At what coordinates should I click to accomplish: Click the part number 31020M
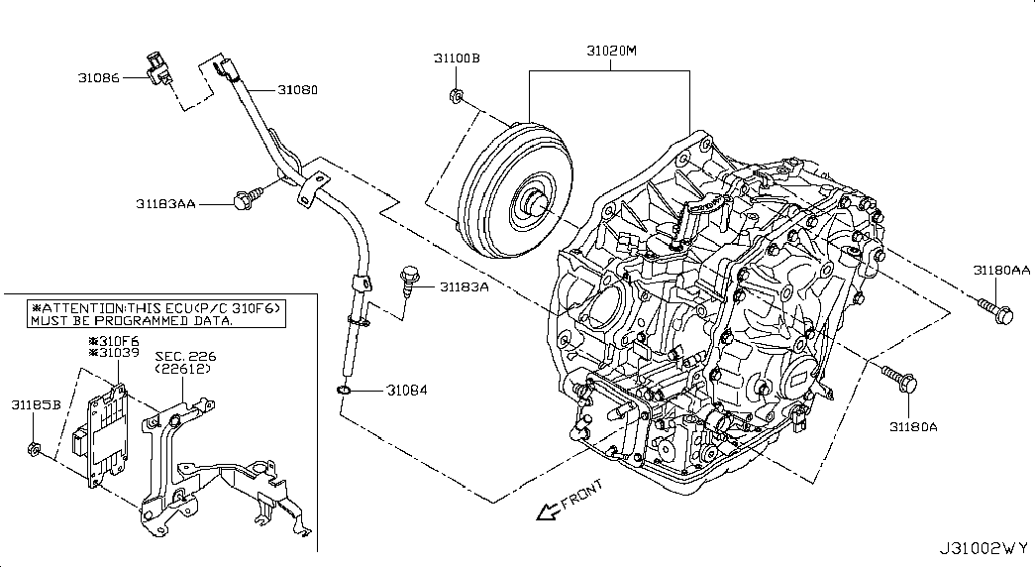click(x=611, y=51)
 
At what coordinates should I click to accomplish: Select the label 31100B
click(x=457, y=58)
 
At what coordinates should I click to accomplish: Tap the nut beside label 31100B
click(x=455, y=96)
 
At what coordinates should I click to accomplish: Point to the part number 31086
click(x=99, y=78)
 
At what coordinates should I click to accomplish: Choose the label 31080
click(x=297, y=90)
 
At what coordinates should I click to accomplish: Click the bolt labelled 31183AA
click(x=248, y=197)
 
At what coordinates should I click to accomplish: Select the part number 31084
click(x=407, y=391)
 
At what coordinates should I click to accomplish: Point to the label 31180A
click(x=913, y=427)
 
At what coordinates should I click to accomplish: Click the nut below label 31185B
click(x=34, y=449)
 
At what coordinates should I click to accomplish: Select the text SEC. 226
click(x=185, y=356)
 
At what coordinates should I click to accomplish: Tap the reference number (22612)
click(x=183, y=369)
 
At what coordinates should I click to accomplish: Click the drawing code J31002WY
click(x=984, y=548)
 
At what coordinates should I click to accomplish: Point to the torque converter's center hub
click(x=531, y=201)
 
